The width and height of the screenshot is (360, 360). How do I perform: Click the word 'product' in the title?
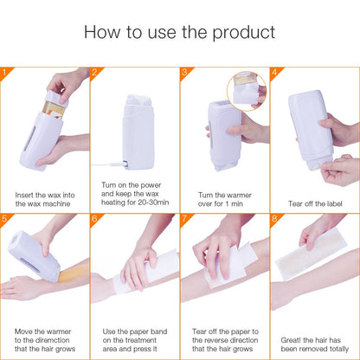[x=238, y=34]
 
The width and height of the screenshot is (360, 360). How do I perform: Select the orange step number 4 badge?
[x=274, y=74]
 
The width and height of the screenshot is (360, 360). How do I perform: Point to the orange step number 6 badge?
[x=94, y=220]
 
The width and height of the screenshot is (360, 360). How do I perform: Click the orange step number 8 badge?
[x=274, y=220]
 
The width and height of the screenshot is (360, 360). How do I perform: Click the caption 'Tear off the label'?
[x=314, y=204]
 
